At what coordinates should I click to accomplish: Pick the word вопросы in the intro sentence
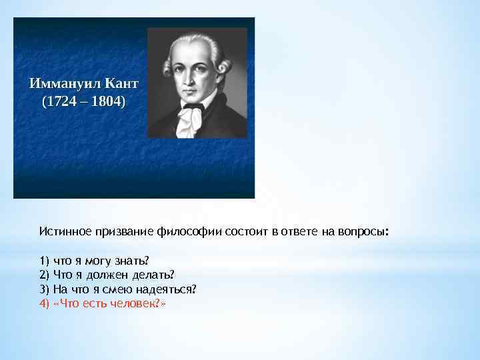click(x=364, y=231)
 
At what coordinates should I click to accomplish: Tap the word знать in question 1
click(x=135, y=260)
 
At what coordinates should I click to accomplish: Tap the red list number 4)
click(x=44, y=303)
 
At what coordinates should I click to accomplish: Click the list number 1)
click(x=44, y=260)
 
